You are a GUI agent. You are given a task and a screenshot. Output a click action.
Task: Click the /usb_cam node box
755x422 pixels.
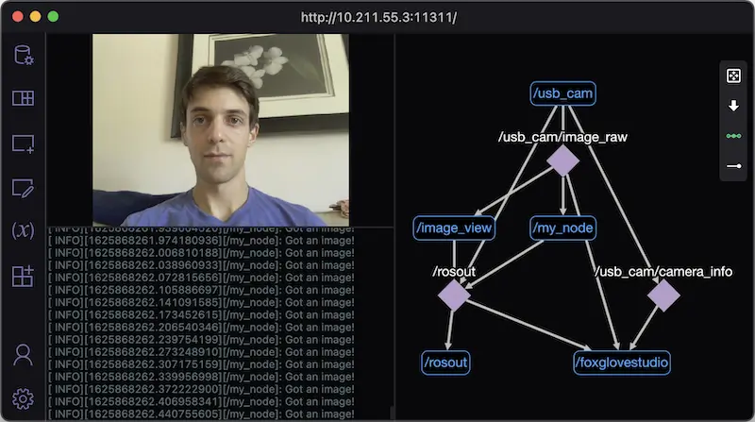pyautogui.click(x=562, y=93)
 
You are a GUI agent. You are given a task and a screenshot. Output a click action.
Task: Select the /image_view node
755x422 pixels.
pyautogui.click(x=454, y=228)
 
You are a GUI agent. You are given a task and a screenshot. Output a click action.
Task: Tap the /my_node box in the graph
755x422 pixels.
pyautogui.click(x=562, y=228)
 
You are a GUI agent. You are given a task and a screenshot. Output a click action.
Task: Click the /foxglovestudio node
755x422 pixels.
pyautogui.click(x=622, y=363)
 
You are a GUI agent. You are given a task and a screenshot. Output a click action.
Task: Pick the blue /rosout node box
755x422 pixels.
pyautogui.click(x=445, y=363)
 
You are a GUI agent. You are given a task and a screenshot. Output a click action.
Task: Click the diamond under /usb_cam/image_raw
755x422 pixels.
pyautogui.click(x=562, y=160)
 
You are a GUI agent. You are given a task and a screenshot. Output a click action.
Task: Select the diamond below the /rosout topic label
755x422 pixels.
pyautogui.click(x=454, y=295)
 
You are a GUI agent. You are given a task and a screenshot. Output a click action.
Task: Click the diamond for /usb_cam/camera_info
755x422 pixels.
pyautogui.click(x=663, y=295)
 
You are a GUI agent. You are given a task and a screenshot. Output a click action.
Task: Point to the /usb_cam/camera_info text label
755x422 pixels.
pyautogui.click(x=663, y=272)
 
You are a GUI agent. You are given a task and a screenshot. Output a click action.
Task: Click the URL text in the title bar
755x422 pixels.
pyautogui.click(x=378, y=17)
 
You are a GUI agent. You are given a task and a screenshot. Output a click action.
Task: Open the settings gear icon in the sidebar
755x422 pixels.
pyautogui.click(x=23, y=398)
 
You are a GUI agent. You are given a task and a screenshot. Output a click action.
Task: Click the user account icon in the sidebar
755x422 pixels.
pyautogui.click(x=23, y=355)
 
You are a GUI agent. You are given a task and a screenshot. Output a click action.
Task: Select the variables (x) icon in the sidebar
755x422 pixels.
pyautogui.click(x=23, y=230)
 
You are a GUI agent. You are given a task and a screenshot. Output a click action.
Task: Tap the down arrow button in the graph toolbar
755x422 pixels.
pyautogui.click(x=733, y=106)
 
